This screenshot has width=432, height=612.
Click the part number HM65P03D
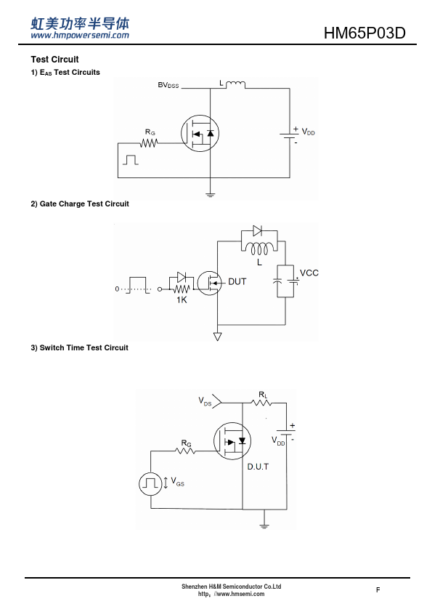coord(364,33)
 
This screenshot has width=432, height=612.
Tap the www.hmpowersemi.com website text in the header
coord(80,36)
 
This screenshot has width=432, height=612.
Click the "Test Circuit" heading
coord(54,60)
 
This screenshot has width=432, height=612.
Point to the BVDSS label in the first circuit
coord(168,85)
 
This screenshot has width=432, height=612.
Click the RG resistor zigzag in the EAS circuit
coord(149,143)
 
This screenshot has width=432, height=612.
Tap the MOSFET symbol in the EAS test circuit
coord(200,134)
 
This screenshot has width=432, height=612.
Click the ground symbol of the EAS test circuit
coord(210,194)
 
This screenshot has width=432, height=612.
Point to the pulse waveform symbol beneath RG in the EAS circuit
coord(131,160)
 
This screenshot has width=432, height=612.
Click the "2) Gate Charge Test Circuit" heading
coord(80,204)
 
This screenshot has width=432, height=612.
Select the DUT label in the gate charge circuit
coord(237,281)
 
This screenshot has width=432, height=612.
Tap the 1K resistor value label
coord(182,299)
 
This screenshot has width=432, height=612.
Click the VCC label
coord(309,273)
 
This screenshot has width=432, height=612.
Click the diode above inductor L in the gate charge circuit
coord(257,230)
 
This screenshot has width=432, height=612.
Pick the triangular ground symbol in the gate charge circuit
coord(218,336)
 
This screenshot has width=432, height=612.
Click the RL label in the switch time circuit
coord(263,395)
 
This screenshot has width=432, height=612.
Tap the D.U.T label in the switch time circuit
coord(258,467)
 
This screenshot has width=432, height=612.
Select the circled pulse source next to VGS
coord(150,484)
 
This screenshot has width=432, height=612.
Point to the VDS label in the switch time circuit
coord(205,401)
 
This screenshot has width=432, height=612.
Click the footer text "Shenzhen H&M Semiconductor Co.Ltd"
coord(231,587)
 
